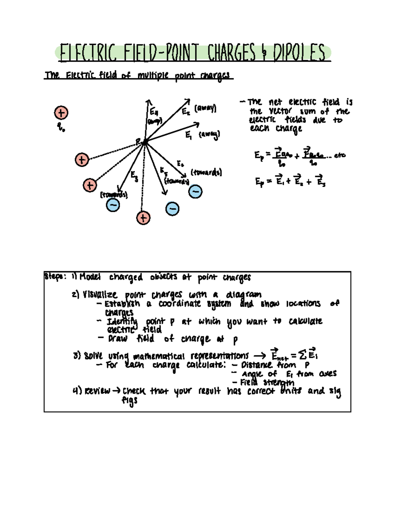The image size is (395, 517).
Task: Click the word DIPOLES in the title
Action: click(x=299, y=53)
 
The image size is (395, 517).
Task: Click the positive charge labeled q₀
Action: click(x=61, y=113)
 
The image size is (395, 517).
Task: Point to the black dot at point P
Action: click(x=145, y=142)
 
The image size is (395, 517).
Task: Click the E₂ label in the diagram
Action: click(x=186, y=112)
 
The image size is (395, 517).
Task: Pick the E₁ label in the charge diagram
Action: click(x=189, y=135)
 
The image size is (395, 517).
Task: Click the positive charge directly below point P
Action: click(x=143, y=218)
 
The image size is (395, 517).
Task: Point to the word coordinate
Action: click(x=179, y=303)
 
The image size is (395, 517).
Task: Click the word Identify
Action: click(x=122, y=321)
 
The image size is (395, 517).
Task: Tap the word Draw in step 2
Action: click(x=118, y=339)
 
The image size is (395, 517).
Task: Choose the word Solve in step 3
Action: click(x=93, y=356)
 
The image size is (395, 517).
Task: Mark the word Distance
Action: click(x=257, y=365)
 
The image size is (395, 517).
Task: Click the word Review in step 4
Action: click(x=97, y=391)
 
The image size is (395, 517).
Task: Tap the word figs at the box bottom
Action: click(x=129, y=401)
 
